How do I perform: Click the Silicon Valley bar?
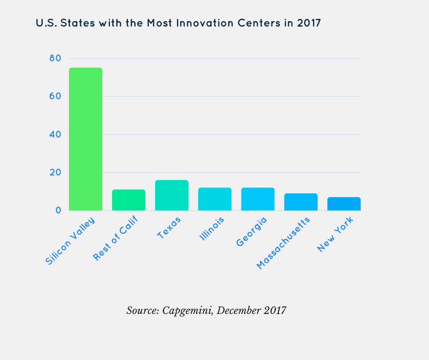[x=85, y=139]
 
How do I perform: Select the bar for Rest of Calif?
[x=129, y=200]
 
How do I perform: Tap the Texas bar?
[x=172, y=196]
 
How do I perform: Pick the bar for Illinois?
[x=214, y=199]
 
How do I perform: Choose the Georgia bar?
[x=258, y=199]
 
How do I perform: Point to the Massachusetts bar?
[x=301, y=202]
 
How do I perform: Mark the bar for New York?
[x=344, y=204]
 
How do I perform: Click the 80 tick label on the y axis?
[x=56, y=58]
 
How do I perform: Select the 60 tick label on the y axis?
[x=56, y=96]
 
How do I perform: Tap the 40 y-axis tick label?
[x=56, y=134]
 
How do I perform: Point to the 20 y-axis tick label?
[x=56, y=173]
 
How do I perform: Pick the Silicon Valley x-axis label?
[x=70, y=241]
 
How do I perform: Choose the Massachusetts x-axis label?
[x=283, y=243]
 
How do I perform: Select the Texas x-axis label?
[x=169, y=227]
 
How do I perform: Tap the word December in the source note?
[x=239, y=310]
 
